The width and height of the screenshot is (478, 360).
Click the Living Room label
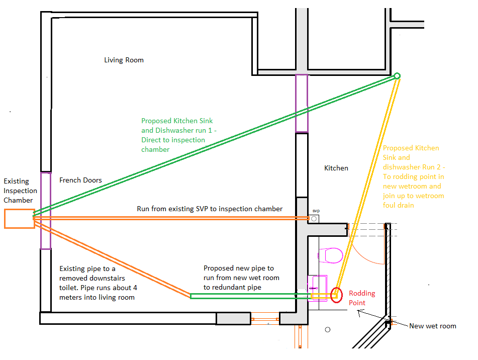tap(124, 60)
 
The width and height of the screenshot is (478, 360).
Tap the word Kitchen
tap(336, 168)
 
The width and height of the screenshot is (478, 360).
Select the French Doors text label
tap(80, 180)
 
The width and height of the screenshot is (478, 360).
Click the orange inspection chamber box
tap(19, 219)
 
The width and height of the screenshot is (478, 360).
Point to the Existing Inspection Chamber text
tap(20, 191)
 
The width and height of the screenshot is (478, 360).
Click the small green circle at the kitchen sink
tap(397, 76)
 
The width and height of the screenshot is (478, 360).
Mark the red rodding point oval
tap(336, 295)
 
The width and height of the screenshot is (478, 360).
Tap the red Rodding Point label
tap(362, 298)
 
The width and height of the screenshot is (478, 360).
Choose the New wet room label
tap(432, 326)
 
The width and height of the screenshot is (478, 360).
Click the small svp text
tap(316, 211)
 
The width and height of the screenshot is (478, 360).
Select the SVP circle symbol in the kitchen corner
tap(314, 219)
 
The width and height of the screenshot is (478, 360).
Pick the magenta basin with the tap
tap(317, 287)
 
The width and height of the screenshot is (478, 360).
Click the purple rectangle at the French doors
tap(46, 210)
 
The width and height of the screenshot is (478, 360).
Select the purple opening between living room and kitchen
tap(301, 103)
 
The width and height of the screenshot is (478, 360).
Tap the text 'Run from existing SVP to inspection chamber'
tap(210, 209)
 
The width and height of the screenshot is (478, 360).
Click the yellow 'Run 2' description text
tap(413, 176)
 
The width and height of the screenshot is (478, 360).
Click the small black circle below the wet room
tap(328, 330)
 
